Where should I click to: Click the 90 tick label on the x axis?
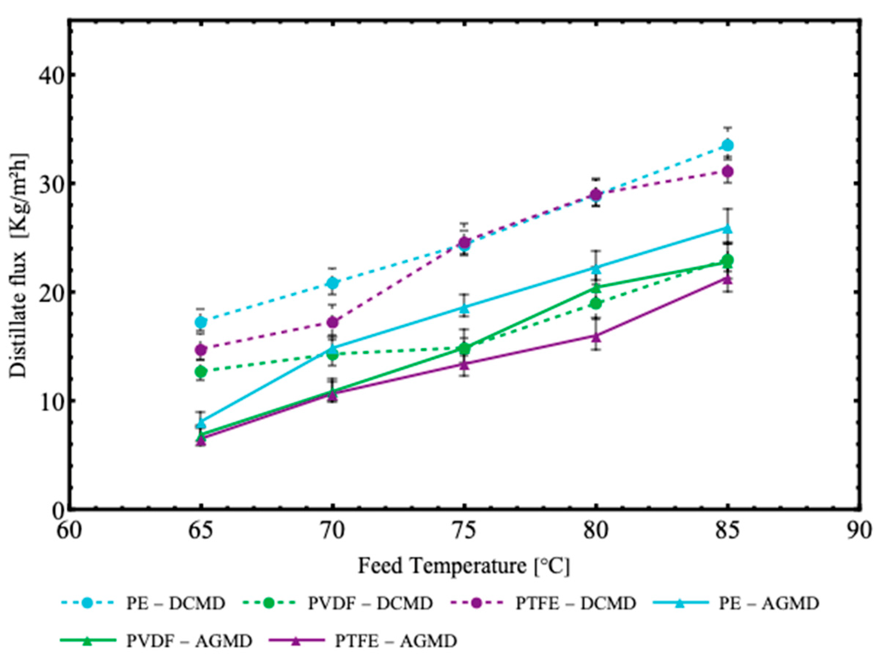[859, 531]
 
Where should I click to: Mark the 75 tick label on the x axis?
[465, 531]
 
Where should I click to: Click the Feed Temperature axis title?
[464, 566]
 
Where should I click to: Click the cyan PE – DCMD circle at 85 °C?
[728, 145]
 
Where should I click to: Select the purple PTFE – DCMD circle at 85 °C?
[728, 172]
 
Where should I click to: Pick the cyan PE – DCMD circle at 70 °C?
[333, 283]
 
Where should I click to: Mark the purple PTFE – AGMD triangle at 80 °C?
[596, 335]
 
